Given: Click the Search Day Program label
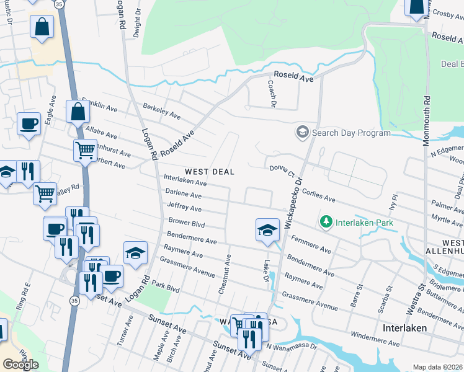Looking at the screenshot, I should pos(351,133).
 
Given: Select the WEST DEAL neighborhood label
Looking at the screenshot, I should pos(210,172).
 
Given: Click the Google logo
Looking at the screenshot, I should pos(20,365).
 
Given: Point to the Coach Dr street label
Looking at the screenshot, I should pos(271,94).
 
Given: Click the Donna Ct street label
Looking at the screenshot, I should pos(282,171).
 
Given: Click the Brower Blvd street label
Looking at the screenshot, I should pos(186,222).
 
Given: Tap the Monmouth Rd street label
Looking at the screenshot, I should pos(427,121).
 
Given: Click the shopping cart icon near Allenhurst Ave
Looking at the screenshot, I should pos(85,149).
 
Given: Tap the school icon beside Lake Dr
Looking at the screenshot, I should pos(267,229).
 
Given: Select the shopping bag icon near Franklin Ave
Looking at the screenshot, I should pos(78,112).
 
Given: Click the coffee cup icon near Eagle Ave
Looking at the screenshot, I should pos(29,123).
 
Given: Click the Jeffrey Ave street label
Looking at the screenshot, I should pos(184,208).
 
